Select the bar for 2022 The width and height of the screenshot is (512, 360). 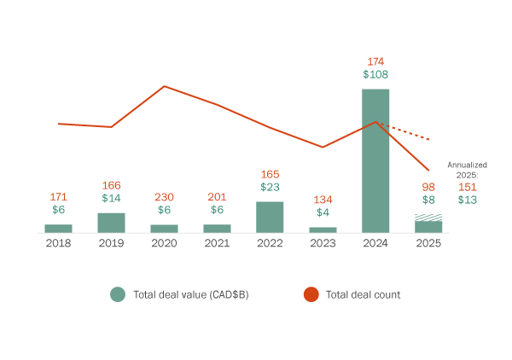tap(270, 217)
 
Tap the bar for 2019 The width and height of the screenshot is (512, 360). tap(111, 223)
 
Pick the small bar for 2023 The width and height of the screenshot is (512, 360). tap(323, 229)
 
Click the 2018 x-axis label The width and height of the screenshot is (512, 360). tap(58, 243)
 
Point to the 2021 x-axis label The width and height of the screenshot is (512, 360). tap(217, 243)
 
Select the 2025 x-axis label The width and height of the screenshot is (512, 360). tap(428, 243)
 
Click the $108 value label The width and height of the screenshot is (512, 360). tap(375, 76)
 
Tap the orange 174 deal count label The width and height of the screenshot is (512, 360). tap(375, 61)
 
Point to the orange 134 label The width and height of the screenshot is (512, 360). tap(323, 199)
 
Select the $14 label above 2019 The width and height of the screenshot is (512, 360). tap(111, 199)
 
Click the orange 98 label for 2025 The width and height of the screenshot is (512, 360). tap(428, 186)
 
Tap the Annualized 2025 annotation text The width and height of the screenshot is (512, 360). tap(467, 169)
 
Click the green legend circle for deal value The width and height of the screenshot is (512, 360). tap(118, 294)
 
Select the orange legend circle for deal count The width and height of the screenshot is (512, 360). tap(311, 294)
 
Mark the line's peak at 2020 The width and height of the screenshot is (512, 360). tap(164, 86)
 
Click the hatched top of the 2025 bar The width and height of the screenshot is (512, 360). tap(428, 218)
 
